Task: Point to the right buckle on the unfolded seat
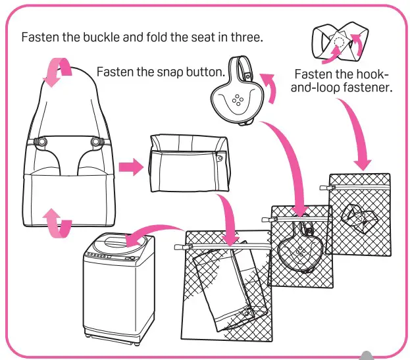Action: coord(97,141)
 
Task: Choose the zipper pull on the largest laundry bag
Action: coord(178,246)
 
